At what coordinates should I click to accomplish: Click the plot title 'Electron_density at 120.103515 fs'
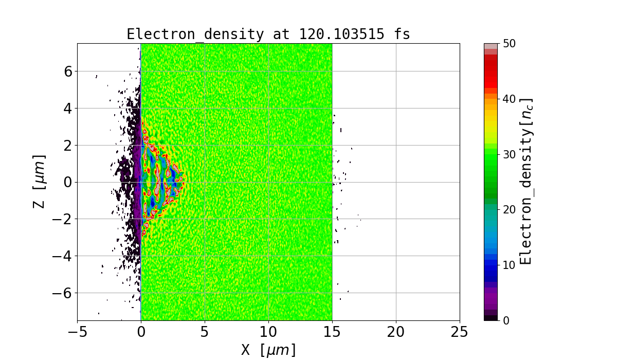point(268,34)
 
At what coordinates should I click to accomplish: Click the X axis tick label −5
point(77,332)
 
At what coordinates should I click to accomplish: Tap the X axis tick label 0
point(141,332)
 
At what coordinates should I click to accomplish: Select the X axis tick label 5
point(205,332)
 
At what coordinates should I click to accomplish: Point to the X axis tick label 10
point(268,332)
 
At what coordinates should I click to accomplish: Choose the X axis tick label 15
point(332,332)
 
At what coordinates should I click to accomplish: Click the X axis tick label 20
point(396,332)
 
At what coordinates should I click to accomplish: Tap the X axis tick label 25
point(460,332)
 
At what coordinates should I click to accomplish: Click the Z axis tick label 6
point(67,71)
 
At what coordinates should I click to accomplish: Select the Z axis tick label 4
point(67,109)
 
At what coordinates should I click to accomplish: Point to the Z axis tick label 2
point(67,146)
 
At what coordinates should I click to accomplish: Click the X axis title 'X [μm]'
point(268,350)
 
